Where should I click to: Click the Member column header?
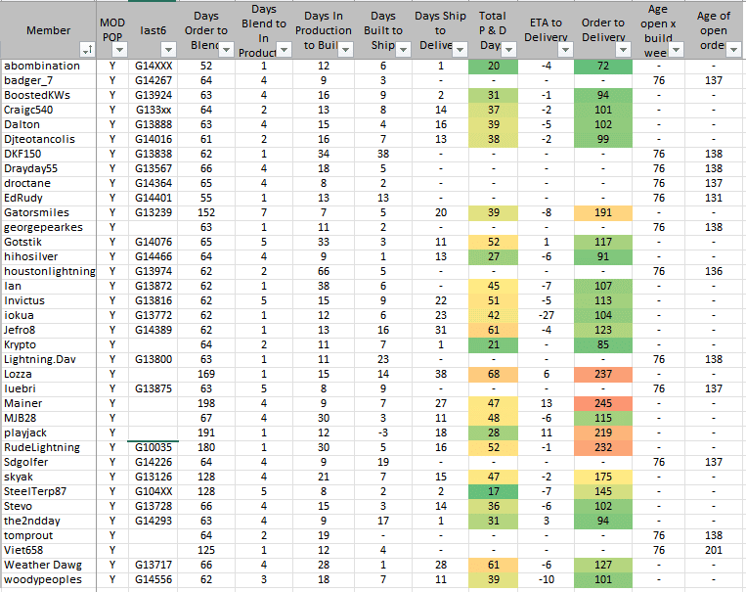pyautogui.click(x=48, y=30)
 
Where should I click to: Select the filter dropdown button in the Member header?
pyautogui.click(x=88, y=49)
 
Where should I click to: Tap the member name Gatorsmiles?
pyautogui.click(x=38, y=212)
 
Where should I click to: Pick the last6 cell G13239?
pyautogui.click(x=154, y=212)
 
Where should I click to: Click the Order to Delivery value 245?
pyautogui.click(x=602, y=403)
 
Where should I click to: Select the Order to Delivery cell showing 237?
pyautogui.click(x=602, y=374)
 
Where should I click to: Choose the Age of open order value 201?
pyautogui.click(x=713, y=550)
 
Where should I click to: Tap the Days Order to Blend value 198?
pyautogui.click(x=205, y=403)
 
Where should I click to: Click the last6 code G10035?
pyautogui.click(x=154, y=447)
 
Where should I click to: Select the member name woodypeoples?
pyautogui.click(x=44, y=579)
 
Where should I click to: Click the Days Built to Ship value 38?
pyautogui.click(x=383, y=154)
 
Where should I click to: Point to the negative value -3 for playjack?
pyautogui.click(x=383, y=433)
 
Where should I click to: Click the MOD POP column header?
pyautogui.click(x=112, y=30)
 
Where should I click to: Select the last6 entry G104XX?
pyautogui.click(x=154, y=491)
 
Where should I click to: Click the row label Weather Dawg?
pyautogui.click(x=40, y=565)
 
